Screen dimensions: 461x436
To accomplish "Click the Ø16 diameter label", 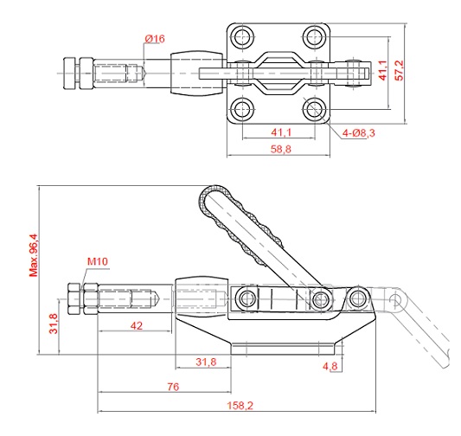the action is pyautogui.click(x=155, y=39).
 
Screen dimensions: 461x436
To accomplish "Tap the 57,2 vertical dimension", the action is pyautogui.click(x=400, y=70).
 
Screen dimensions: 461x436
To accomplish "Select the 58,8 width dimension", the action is pyautogui.click(x=281, y=149).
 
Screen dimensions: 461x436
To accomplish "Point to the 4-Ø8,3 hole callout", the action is pyautogui.click(x=359, y=133).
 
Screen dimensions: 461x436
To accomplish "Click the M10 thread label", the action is pyautogui.click(x=98, y=261).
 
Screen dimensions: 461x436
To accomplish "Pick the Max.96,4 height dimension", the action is pyautogui.click(x=34, y=255).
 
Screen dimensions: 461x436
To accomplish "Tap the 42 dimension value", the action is pyautogui.click(x=137, y=326).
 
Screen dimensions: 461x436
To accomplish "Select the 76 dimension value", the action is pyautogui.click(x=173, y=387).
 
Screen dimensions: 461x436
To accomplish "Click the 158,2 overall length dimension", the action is pyautogui.click(x=240, y=406).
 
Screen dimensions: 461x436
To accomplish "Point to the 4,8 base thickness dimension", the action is pyautogui.click(x=330, y=366).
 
